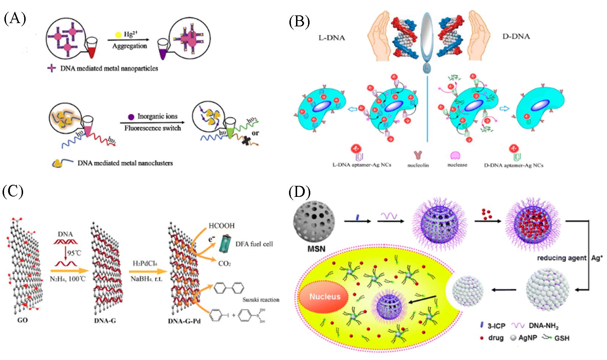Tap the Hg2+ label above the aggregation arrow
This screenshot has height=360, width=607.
click(x=127, y=34)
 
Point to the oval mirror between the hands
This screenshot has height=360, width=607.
click(x=428, y=33)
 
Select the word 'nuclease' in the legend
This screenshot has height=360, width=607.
click(x=457, y=165)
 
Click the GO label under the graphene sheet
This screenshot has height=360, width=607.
click(x=23, y=320)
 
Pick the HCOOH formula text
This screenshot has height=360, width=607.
click(x=221, y=226)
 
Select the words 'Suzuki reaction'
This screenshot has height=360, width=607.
click(x=260, y=300)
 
